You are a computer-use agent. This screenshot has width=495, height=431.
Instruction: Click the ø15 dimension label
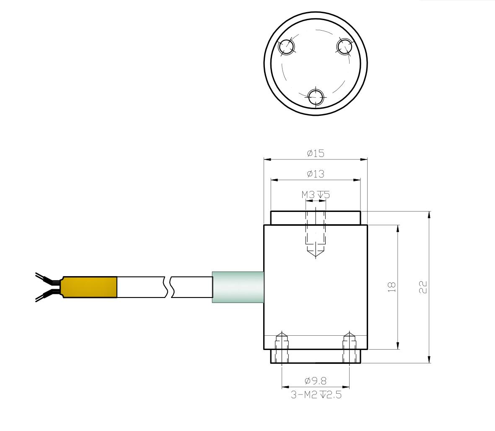click(315, 153)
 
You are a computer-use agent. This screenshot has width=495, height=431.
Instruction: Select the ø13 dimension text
click(315, 174)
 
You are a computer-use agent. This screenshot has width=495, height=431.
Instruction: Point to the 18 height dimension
click(392, 287)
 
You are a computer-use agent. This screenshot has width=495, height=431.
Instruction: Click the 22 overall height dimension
click(423, 287)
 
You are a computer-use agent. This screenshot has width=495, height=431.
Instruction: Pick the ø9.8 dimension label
click(315, 381)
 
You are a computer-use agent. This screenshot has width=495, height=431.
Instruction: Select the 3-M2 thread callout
click(316, 394)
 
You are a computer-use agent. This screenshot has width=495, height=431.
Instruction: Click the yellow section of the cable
click(90, 287)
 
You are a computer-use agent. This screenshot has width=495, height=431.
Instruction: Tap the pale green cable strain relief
click(238, 287)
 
